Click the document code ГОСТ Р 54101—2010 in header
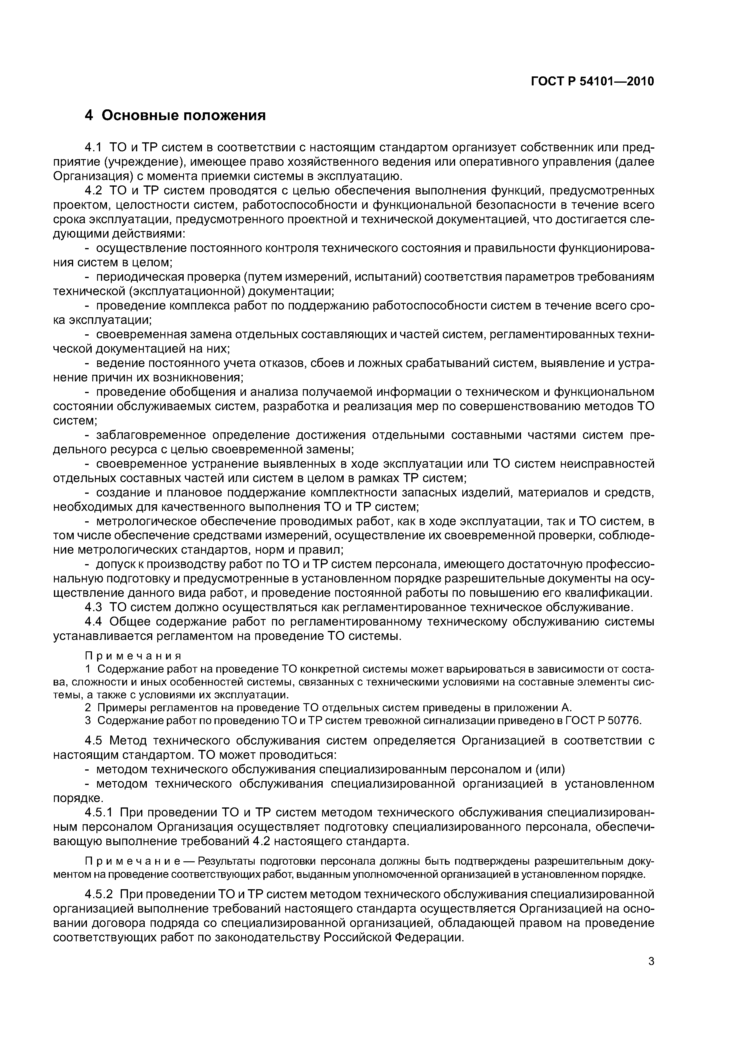pos(592,81)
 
